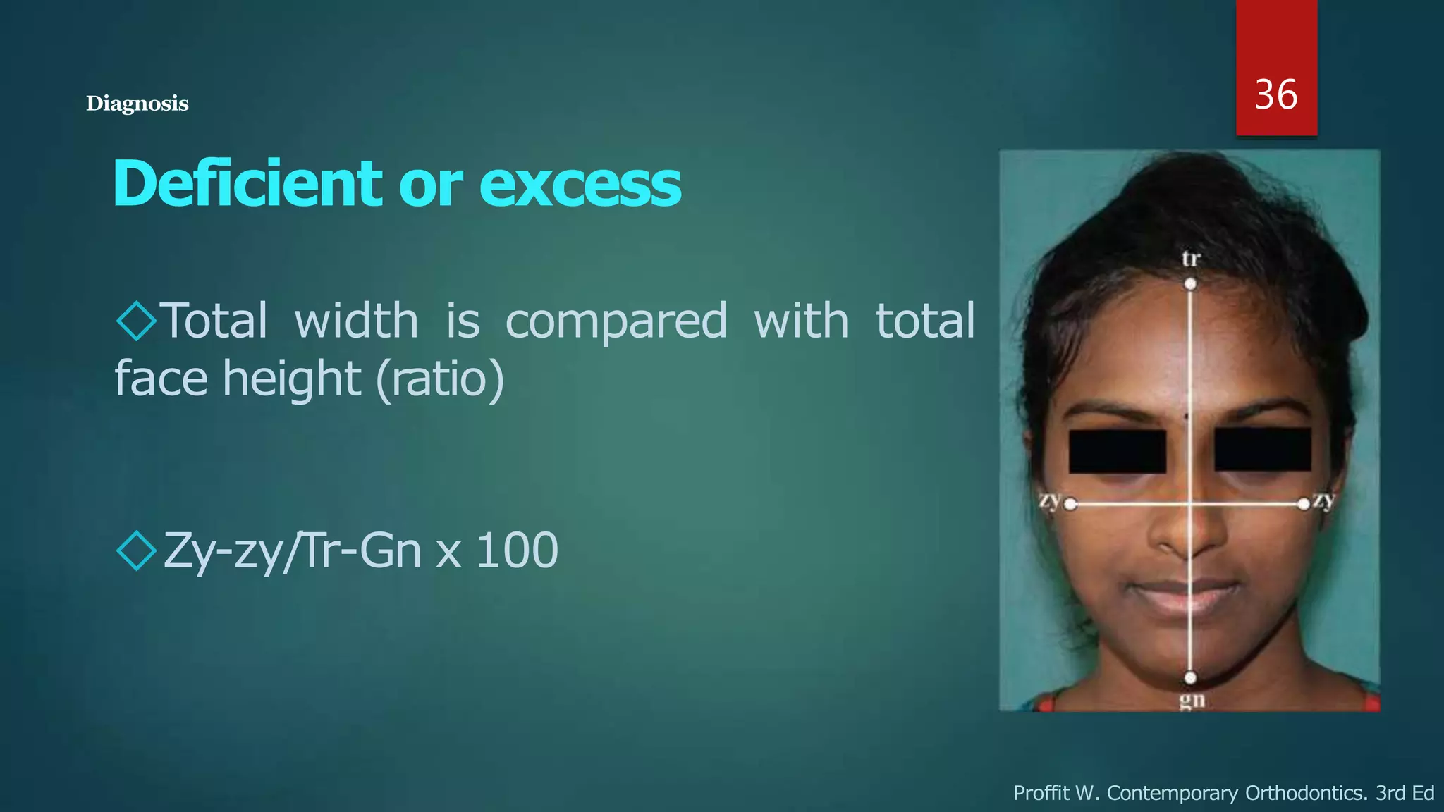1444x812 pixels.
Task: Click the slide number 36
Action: point(1275,94)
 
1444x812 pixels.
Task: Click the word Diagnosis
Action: point(137,104)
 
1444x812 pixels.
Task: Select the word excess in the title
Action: point(580,185)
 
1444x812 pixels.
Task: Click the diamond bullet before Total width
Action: point(136,321)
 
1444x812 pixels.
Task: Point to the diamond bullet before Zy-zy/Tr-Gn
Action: point(136,550)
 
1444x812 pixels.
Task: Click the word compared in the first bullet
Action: point(616,321)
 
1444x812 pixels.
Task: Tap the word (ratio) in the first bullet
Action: point(440,379)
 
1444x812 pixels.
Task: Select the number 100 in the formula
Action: point(518,550)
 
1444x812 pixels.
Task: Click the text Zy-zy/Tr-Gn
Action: point(292,550)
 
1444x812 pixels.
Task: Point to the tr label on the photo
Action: point(1190,259)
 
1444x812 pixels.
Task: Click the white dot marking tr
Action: point(1190,284)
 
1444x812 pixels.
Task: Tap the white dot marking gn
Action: point(1190,678)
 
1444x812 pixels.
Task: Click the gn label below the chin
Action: point(1192,701)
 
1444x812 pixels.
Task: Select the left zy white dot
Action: point(1070,504)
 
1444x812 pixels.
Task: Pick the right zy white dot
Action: point(1304,503)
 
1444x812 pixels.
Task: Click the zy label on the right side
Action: point(1324,500)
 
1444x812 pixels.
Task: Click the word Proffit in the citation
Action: point(1041,793)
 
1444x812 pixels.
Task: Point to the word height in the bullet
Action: point(292,379)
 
